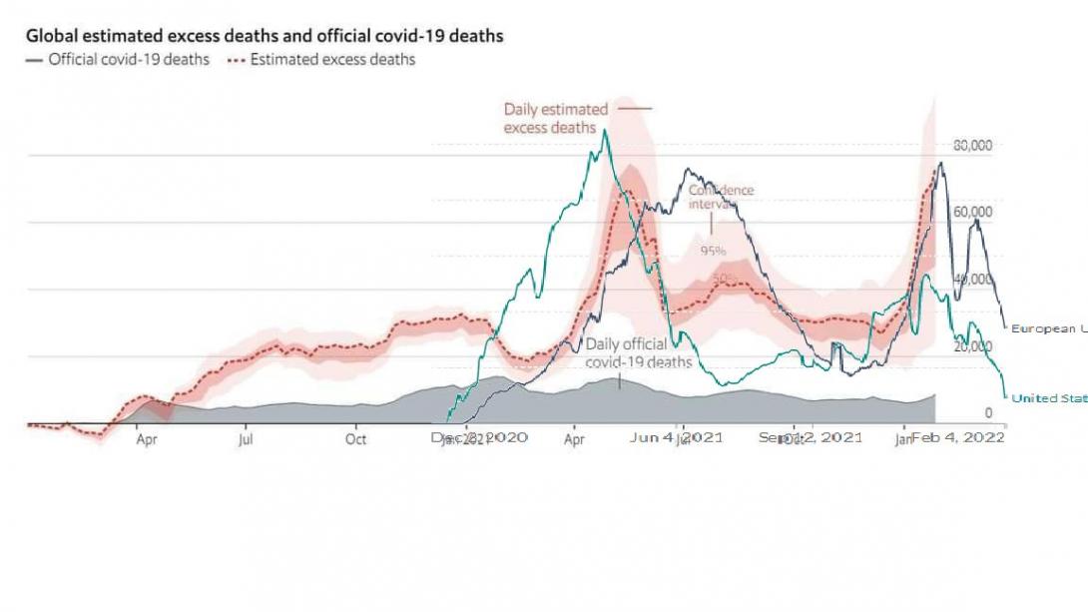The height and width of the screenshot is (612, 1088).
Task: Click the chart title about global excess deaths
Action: [265, 36]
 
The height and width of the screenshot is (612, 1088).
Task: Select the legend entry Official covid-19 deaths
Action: [129, 60]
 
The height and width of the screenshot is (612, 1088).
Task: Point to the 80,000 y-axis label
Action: [973, 146]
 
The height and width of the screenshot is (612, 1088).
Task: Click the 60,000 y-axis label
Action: [973, 212]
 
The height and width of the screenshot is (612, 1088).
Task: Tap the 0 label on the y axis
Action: [988, 412]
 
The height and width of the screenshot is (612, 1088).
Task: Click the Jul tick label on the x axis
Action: [246, 438]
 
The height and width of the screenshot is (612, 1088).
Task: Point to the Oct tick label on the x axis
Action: [356, 438]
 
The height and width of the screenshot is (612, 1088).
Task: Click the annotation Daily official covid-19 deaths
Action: [639, 352]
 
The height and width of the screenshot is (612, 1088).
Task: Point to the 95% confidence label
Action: [713, 252]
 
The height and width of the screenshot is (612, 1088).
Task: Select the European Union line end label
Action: [1048, 328]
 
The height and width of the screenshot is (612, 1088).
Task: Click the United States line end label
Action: [1048, 398]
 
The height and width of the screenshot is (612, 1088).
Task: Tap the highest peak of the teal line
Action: [603, 131]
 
